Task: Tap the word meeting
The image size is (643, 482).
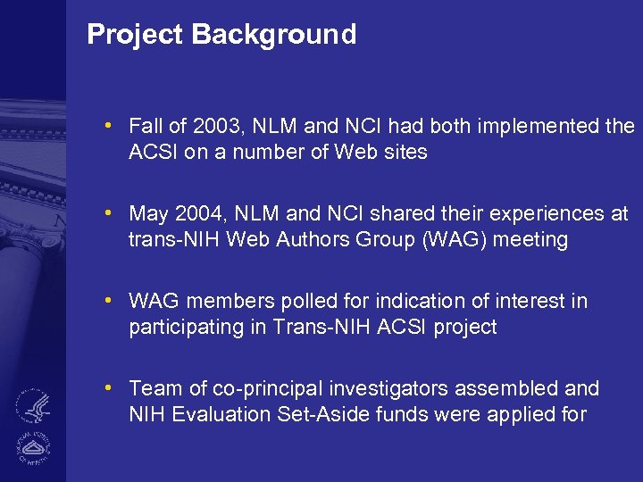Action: tap(535, 240)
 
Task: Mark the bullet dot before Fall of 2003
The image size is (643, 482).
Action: tap(107, 125)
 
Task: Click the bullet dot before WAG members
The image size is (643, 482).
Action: tap(107, 300)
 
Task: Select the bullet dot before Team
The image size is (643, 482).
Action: tap(107, 387)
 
